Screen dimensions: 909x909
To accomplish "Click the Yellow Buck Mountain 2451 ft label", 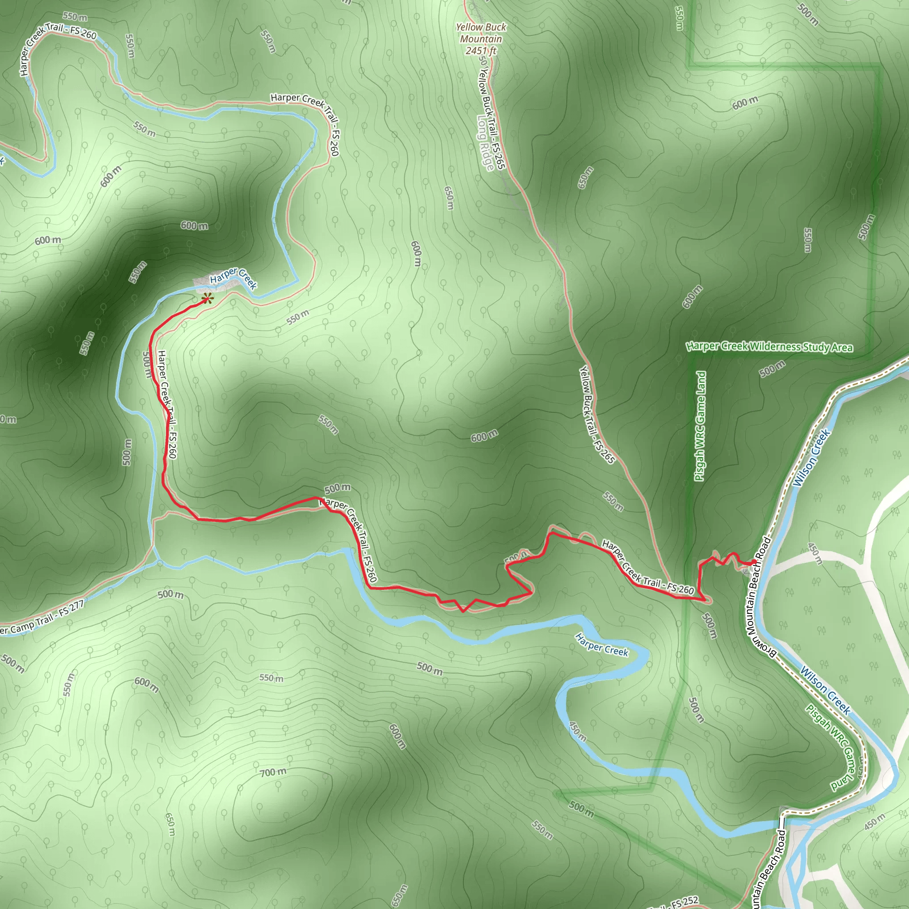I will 481,39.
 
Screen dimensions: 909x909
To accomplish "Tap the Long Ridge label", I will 486,143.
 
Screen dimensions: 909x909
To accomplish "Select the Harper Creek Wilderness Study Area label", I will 769,347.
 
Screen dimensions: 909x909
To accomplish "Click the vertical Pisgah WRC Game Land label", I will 700,426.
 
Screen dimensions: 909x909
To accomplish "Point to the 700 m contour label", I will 273,772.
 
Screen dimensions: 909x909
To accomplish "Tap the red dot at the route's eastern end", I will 754,561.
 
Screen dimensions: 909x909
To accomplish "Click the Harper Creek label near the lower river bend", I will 602,645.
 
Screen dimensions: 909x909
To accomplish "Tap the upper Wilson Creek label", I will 812,458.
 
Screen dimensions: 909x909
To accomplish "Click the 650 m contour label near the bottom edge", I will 400,894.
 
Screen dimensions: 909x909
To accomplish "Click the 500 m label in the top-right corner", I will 807,14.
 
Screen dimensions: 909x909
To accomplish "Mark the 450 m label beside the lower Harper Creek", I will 578,731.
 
